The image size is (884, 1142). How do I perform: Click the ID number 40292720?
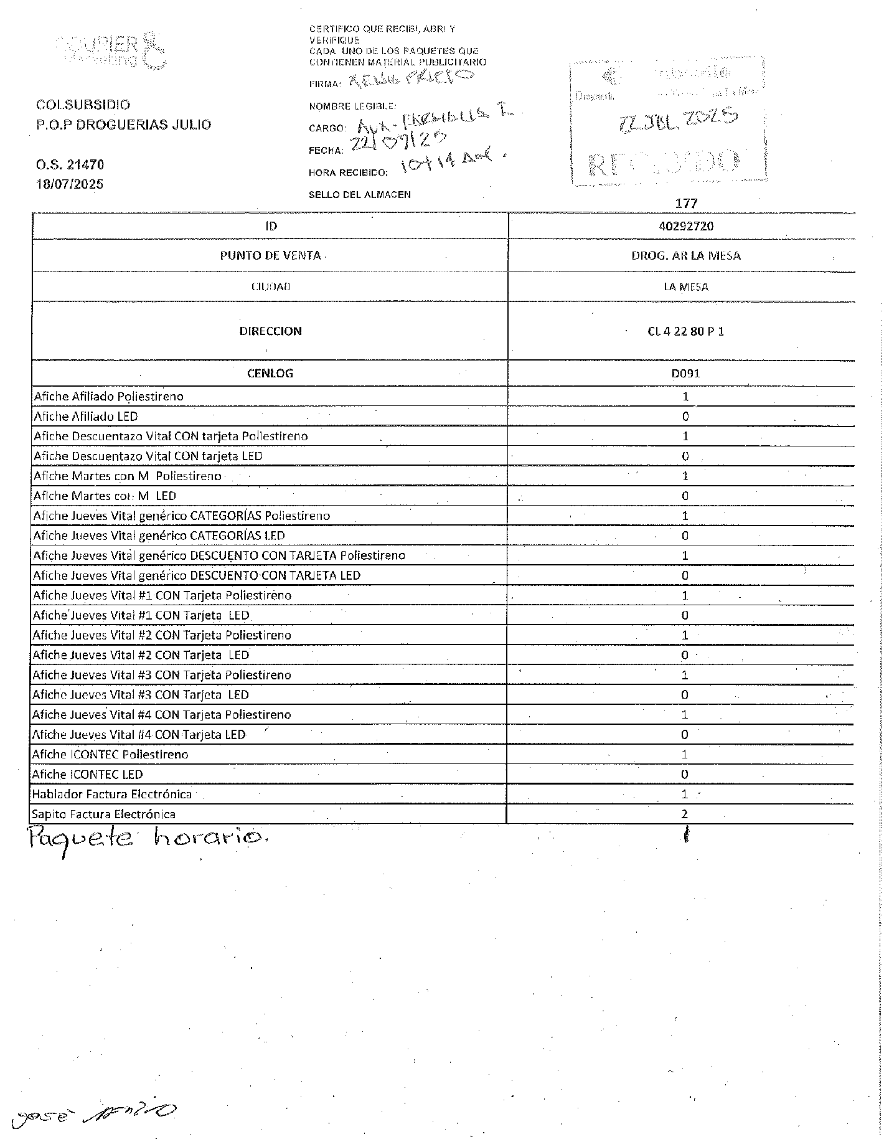pos(685,226)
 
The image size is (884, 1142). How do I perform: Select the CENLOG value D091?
pos(685,374)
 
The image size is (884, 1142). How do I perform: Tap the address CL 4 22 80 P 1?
pos(685,331)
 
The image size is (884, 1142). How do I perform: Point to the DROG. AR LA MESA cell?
pos(685,256)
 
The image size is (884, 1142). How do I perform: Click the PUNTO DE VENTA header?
pos(270,256)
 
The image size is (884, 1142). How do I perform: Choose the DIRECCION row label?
pos(270,331)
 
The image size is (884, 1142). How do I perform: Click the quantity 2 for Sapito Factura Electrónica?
pos(685,814)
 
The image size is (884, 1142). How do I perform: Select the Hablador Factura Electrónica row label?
pos(112,795)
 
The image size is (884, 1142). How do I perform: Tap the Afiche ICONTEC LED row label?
pos(88,775)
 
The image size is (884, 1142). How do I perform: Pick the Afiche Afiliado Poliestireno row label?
pos(108,397)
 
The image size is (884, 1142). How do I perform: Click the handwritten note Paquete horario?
pos(148,841)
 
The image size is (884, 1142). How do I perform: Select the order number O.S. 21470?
pos(70,165)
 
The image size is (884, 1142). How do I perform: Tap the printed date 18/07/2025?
pos(70,184)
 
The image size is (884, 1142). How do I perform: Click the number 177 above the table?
pos(686,204)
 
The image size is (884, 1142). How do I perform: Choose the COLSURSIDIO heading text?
pos(83,105)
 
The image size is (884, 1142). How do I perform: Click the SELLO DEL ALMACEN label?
pos(360,195)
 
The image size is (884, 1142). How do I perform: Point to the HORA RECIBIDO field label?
pos(349,173)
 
